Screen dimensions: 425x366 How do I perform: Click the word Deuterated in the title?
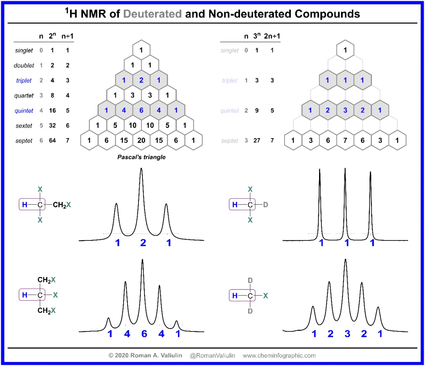[152, 14]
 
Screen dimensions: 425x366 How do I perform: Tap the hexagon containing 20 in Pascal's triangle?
[141, 140]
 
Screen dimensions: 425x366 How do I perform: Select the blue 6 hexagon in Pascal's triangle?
[141, 110]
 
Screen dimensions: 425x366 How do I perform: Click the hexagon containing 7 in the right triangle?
[345, 140]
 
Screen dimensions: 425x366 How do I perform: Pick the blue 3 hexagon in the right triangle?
[345, 110]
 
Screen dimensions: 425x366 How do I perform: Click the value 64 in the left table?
[52, 140]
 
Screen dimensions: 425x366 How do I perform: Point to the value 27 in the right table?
[257, 140]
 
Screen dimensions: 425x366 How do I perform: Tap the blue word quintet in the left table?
[24, 111]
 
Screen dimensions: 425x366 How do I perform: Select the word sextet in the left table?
[24, 126]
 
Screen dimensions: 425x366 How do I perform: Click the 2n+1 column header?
[272, 36]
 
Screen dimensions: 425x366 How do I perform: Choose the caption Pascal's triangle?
[142, 157]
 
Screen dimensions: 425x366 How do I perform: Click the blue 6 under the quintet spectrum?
[144, 334]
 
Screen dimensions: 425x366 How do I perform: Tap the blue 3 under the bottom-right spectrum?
[347, 334]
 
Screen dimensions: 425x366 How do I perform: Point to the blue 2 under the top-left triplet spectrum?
[143, 243]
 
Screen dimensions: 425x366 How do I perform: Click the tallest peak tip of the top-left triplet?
[141, 168]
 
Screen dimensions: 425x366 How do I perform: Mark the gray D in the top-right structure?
[266, 205]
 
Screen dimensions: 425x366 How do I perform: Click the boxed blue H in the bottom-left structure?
[25, 295]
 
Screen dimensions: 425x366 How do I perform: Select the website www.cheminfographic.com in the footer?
[279, 355]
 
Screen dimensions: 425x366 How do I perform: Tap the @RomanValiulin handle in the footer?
[212, 355]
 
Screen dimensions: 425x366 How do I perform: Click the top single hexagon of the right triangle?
[345, 50]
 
